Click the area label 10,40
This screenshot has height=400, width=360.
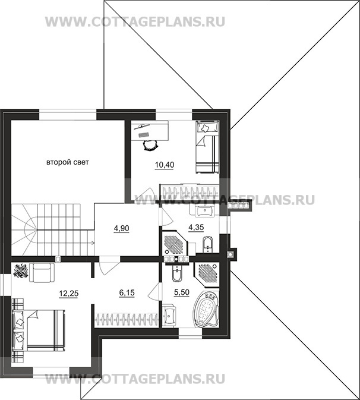pyautogui.click(x=165, y=165)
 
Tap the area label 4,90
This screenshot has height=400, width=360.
pyautogui.click(x=122, y=228)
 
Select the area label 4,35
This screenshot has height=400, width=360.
pyautogui.click(x=196, y=227)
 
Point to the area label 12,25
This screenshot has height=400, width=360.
pyautogui.click(x=68, y=294)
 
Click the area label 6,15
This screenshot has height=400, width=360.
pyautogui.click(x=127, y=292)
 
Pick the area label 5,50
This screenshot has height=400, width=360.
pyautogui.click(x=182, y=292)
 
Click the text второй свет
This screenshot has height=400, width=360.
pyautogui.click(x=68, y=162)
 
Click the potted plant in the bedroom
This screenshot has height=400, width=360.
pyautogui.click(x=21, y=271)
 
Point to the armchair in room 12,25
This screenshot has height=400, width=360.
pyautogui.click(x=42, y=272)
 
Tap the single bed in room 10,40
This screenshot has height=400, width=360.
pyautogui.click(x=207, y=147)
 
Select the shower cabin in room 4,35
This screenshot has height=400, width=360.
pyautogui.click(x=175, y=244)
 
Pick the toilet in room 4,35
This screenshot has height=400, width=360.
pyautogui.click(x=207, y=245)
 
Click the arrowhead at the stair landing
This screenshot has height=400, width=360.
pyautogui.click(x=93, y=242)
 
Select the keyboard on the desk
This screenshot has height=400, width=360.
pyautogui.click(x=144, y=135)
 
